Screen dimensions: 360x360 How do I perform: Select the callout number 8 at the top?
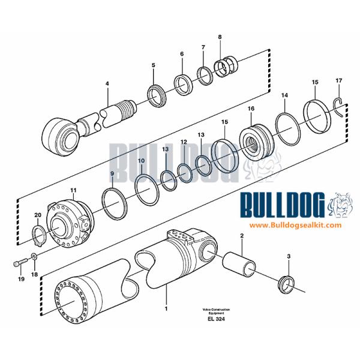220,37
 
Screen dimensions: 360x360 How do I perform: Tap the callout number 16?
251,109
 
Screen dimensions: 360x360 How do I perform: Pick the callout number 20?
37,214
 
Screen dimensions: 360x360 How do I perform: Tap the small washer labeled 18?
34,259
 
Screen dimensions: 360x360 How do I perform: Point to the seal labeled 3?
289,283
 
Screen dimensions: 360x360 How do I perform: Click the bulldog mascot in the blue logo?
339,205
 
